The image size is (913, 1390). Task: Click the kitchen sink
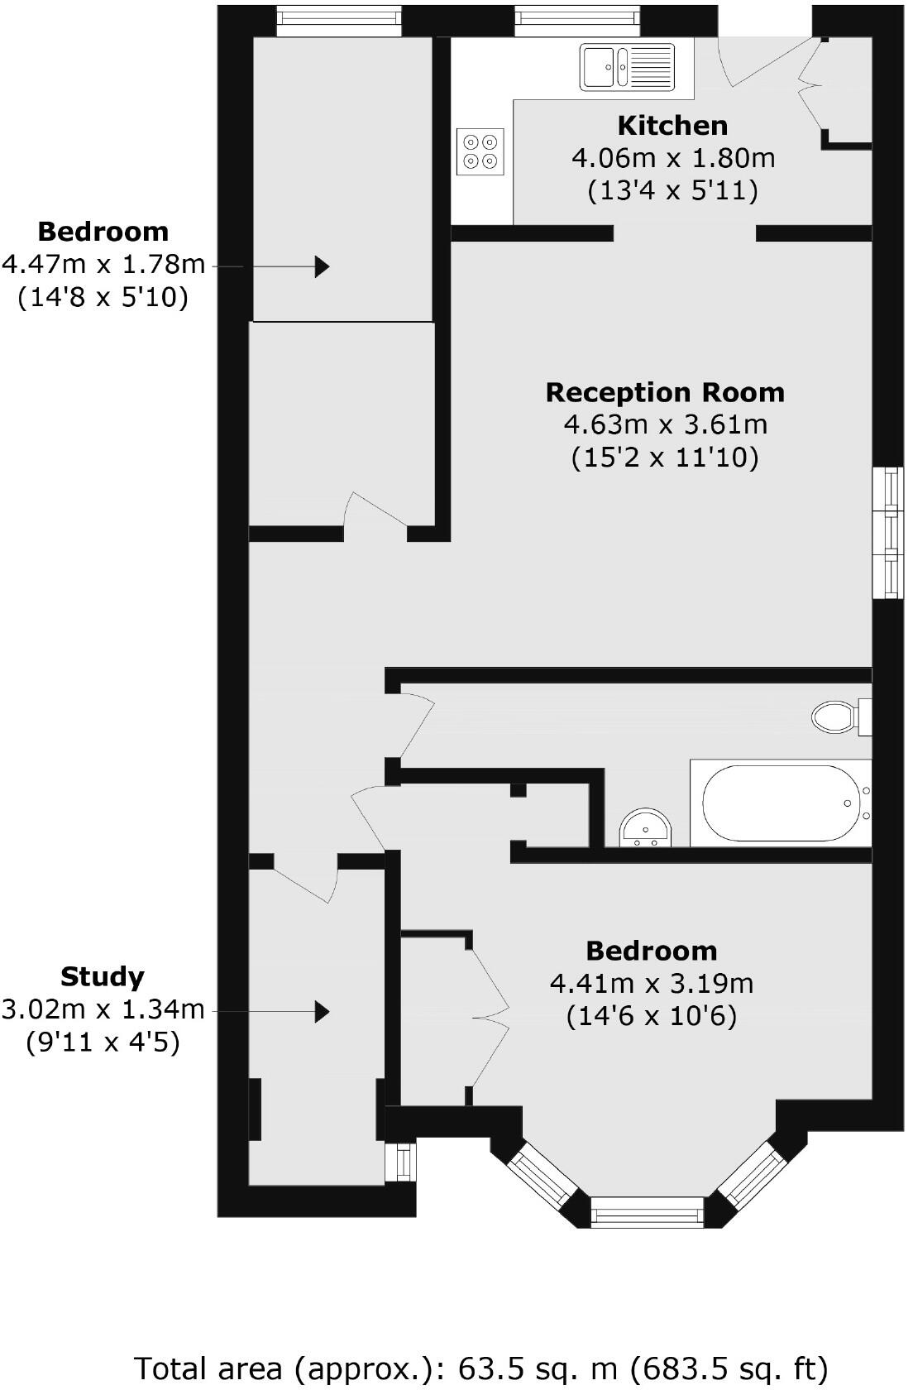628,66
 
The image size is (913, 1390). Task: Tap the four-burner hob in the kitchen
480,151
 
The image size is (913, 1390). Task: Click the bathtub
777,803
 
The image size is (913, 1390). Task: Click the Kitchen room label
672,126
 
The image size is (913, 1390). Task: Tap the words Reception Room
665,392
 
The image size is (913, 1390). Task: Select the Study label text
103,977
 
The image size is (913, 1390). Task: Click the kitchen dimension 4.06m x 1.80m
673,158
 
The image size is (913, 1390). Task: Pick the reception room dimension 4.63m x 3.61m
665,425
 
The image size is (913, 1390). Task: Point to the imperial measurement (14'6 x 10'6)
651,1016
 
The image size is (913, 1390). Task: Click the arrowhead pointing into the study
322,1010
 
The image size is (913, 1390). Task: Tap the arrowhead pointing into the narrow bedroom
322,266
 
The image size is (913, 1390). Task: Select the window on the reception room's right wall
889,532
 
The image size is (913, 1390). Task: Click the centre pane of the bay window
647,1214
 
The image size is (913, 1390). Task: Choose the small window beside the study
403,1162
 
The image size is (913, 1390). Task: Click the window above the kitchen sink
577,21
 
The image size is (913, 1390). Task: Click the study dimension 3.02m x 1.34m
103,1009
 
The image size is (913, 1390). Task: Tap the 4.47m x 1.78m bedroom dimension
103,264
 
